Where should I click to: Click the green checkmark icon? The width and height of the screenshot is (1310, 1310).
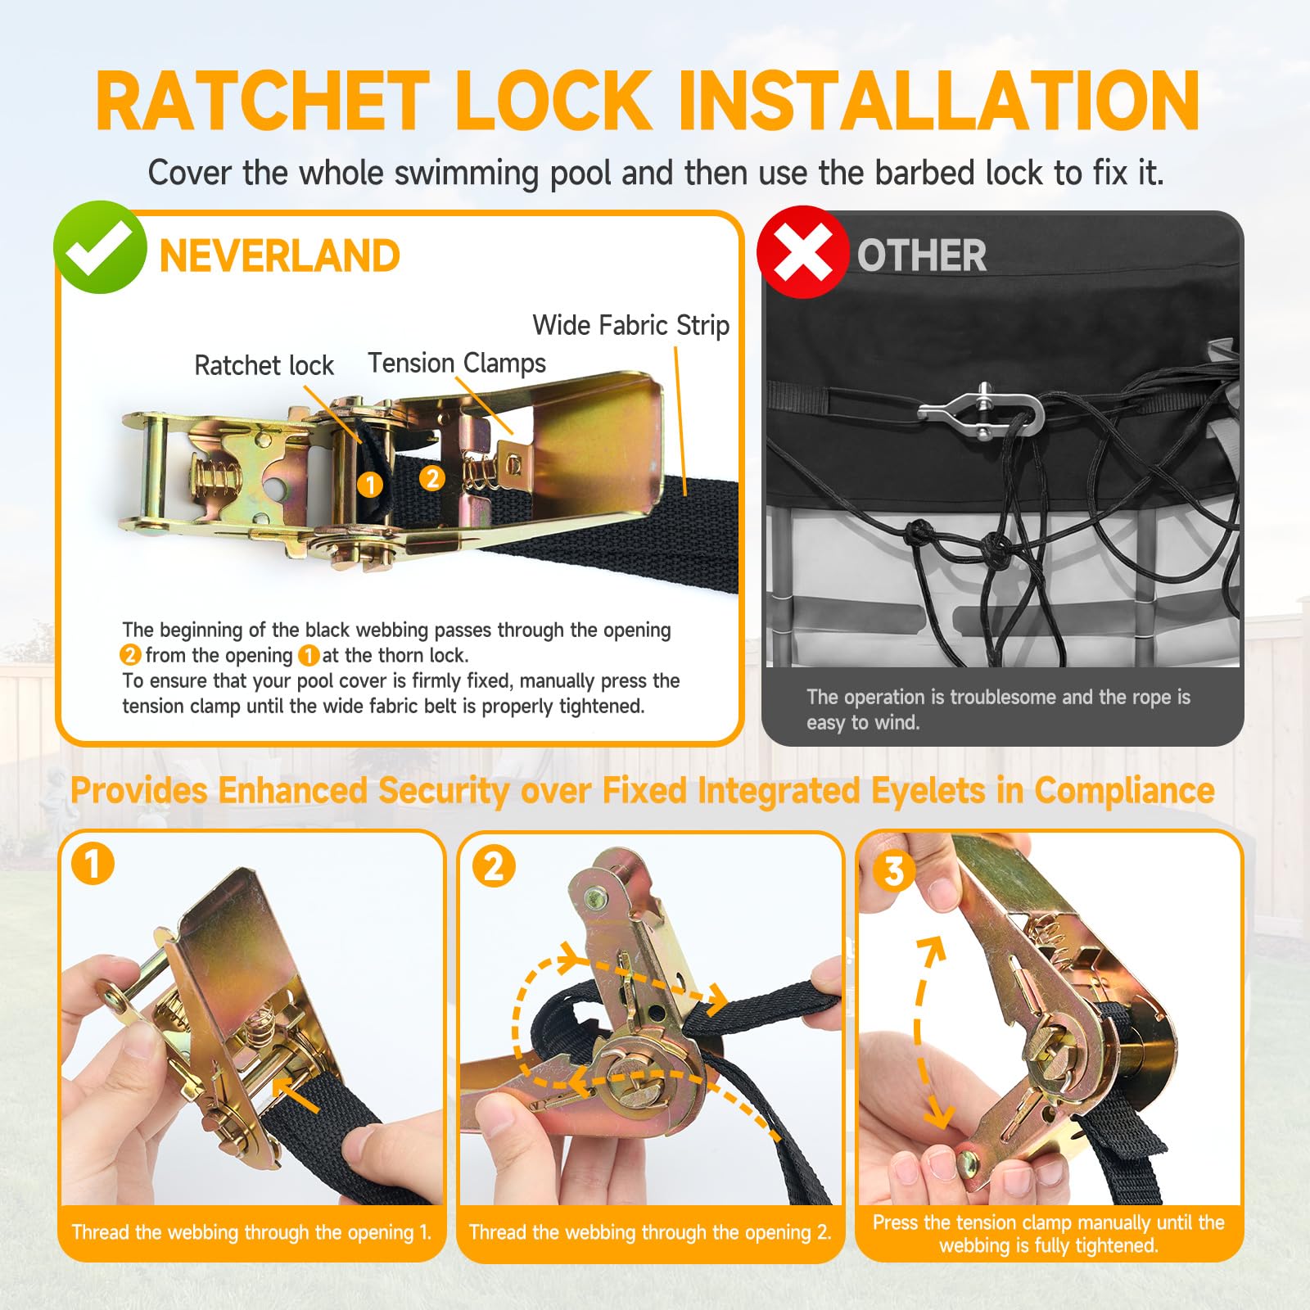(100, 246)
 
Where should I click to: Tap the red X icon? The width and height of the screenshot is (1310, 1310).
(802, 251)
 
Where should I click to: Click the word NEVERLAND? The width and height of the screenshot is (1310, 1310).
(279, 256)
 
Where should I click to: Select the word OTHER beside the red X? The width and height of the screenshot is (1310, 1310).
(921, 255)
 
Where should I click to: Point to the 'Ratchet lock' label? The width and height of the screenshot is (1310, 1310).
(264, 365)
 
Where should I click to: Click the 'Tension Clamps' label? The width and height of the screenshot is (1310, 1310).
(457, 363)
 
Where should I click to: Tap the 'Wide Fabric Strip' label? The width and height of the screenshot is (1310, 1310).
(630, 325)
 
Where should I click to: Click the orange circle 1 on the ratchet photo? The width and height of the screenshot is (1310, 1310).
(370, 485)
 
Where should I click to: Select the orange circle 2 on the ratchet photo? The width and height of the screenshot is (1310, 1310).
(431, 478)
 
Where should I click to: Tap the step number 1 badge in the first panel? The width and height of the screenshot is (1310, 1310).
(93, 865)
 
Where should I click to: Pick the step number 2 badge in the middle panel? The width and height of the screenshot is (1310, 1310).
(494, 866)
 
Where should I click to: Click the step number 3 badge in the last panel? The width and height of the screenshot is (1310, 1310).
(894, 871)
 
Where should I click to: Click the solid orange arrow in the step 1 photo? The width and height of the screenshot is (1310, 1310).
(296, 1095)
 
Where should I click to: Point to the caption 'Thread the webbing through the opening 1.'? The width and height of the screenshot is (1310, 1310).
(251, 1232)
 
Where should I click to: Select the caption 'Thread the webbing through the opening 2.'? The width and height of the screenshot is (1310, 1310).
(650, 1232)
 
